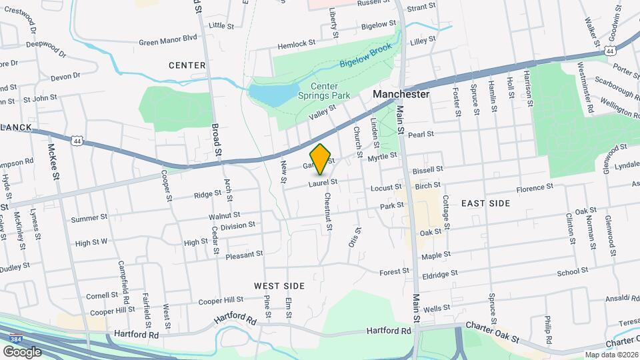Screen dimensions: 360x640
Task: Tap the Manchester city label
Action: point(401,95)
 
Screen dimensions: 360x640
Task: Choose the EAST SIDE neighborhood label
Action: point(485,203)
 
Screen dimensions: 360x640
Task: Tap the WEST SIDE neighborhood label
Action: point(279,286)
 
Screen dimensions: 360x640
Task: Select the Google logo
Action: point(22,352)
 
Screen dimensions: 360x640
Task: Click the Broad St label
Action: point(215,139)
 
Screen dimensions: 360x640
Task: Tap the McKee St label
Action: point(53,158)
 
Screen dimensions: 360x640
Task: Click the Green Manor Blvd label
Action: point(168,39)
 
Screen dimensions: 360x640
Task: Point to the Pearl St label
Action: point(421,134)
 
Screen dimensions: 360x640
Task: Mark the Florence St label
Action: point(531,189)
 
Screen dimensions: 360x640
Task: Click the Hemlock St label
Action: point(297,43)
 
